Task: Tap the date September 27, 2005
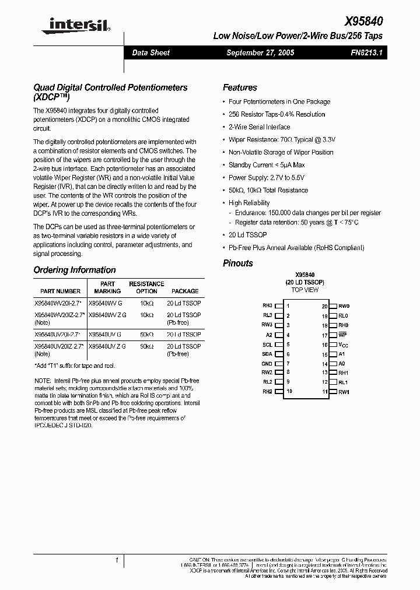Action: pos(260,52)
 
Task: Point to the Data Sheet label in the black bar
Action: pos(150,52)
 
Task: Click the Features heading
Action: pos(240,87)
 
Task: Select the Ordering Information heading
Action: pos(75,270)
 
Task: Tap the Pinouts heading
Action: pos(238,263)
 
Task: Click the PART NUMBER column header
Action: pos(61,291)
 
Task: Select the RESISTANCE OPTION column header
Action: pos(146,287)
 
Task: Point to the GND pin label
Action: pos(267,363)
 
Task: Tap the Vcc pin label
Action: pos(343,345)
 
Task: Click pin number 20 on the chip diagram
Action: pos(324,306)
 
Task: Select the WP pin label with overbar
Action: pos(342,335)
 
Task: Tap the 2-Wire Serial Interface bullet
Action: pos(259,127)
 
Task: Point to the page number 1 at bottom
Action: pos(117,560)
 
